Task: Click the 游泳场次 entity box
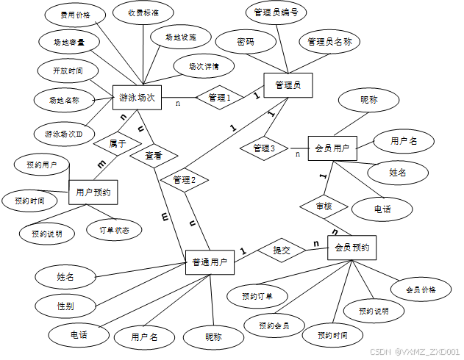pos(136,97)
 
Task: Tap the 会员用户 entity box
pos(331,148)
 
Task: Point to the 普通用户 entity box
pos(209,262)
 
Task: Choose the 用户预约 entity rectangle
pos(93,192)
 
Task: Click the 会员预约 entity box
pos(351,248)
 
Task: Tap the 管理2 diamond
pos(185,179)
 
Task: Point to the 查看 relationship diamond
pos(153,156)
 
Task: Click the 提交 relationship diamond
pos(282,251)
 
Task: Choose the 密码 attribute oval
pos(246,42)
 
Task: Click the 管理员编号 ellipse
pos(275,12)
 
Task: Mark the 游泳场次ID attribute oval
pos(63,134)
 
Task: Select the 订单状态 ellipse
pos(115,230)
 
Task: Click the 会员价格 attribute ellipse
pos(421,289)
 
